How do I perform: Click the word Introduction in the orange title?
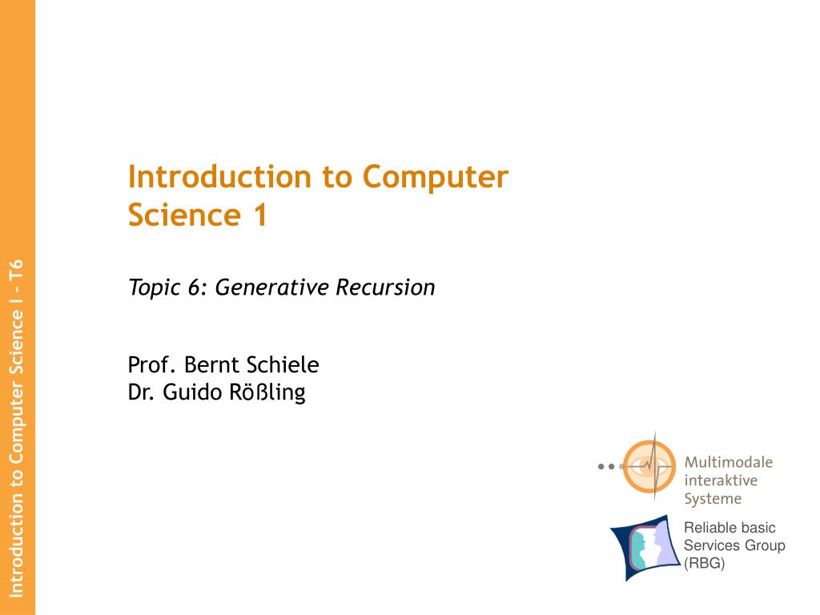[219, 176]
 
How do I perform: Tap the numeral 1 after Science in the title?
[261, 215]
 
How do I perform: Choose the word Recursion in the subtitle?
[385, 287]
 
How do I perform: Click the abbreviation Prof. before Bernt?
[151, 365]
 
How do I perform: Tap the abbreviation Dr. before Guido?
[141, 392]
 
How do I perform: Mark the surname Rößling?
[267, 392]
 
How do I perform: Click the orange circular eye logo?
[649, 466]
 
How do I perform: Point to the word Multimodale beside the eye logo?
[729, 462]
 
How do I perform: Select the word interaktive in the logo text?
[721, 480]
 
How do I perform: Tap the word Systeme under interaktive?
[713, 499]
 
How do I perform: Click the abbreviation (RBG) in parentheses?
[705, 563]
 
